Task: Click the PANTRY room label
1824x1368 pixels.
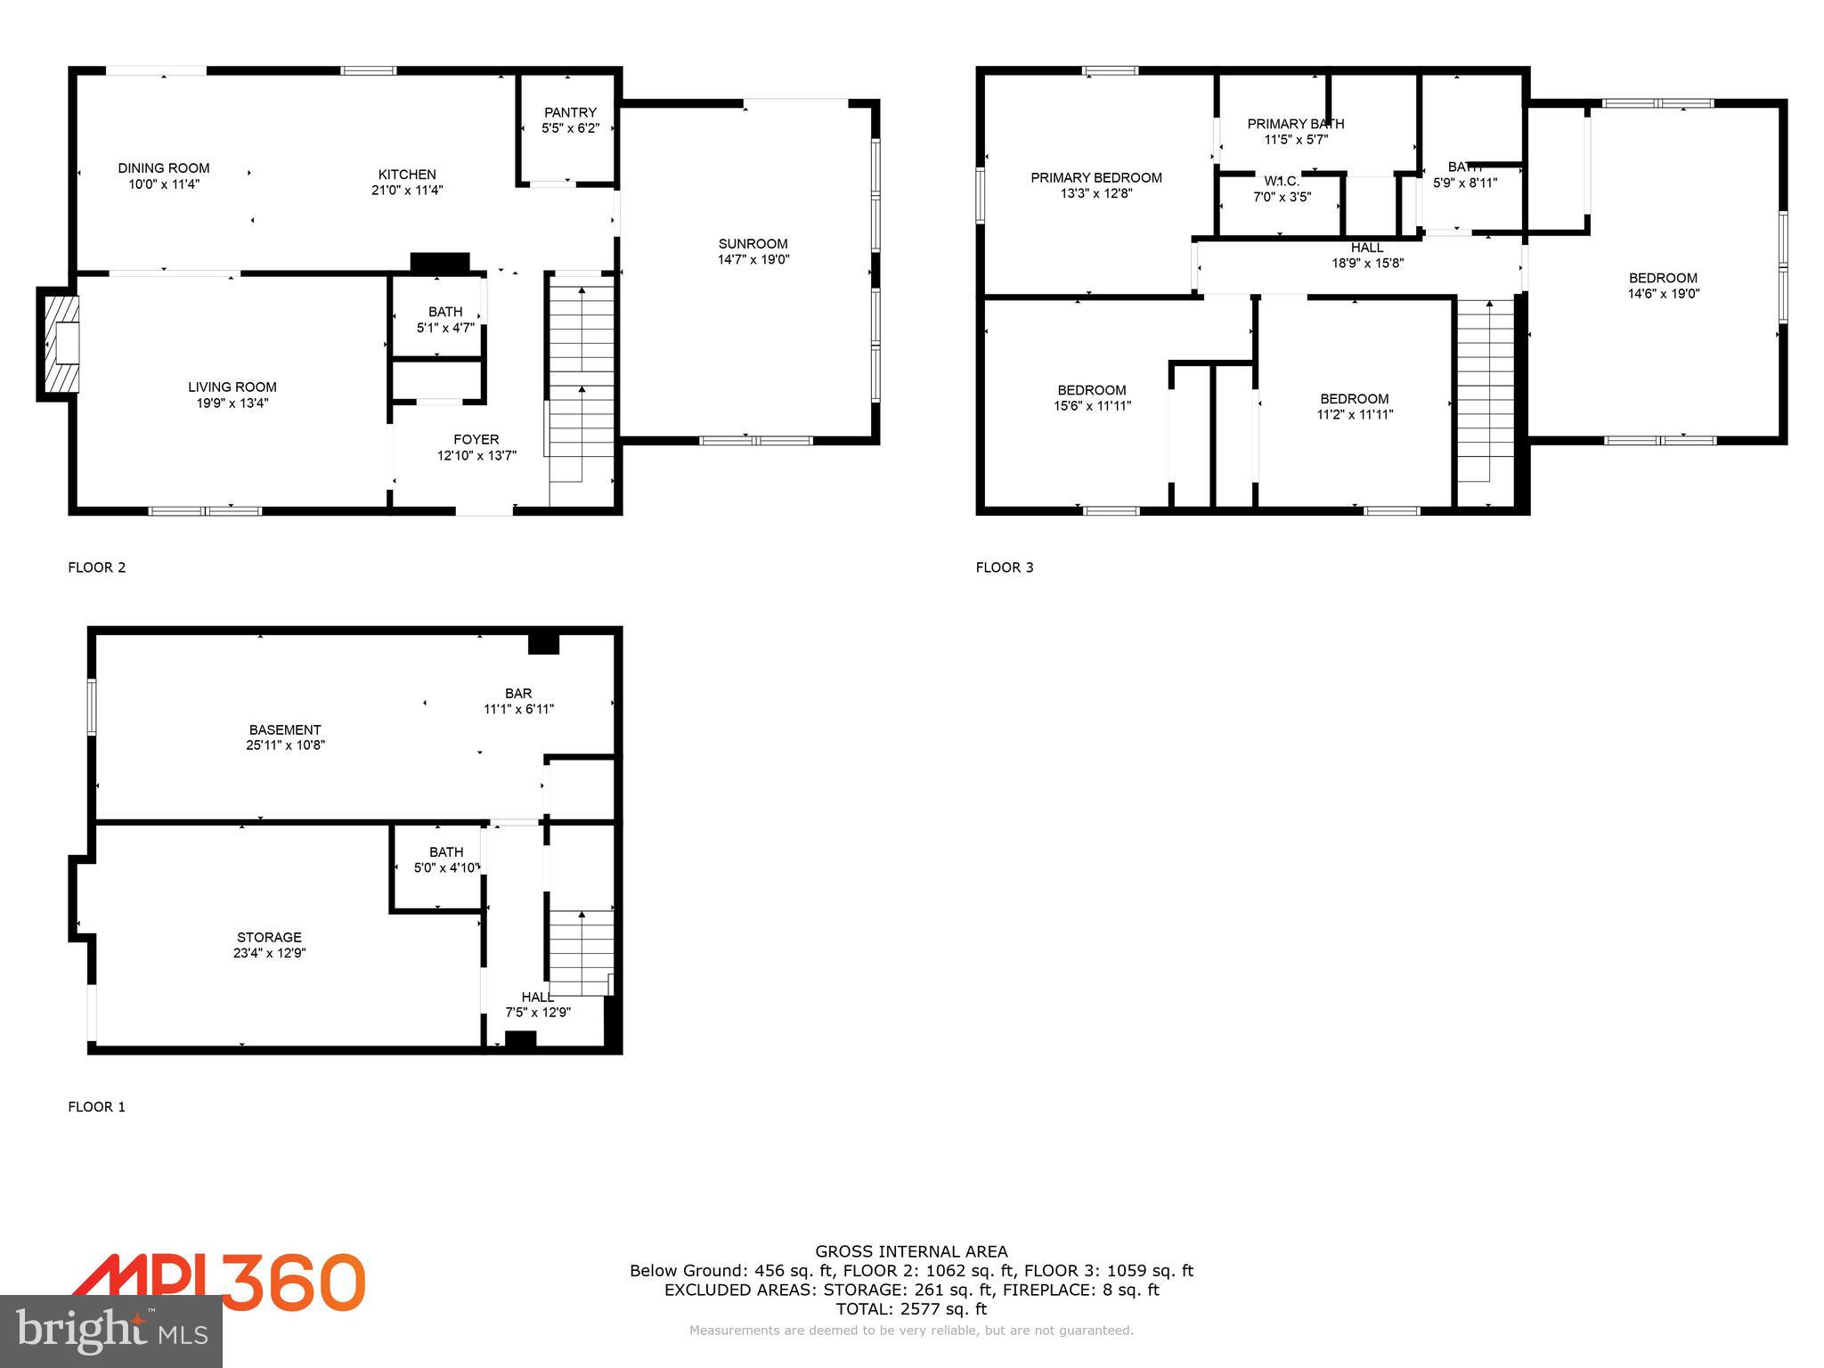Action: (x=570, y=112)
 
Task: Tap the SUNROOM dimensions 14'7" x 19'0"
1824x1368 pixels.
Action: (x=753, y=260)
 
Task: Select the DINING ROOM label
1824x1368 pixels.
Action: (x=164, y=168)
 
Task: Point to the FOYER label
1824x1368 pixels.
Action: (x=476, y=439)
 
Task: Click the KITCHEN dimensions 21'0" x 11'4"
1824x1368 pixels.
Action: (x=407, y=190)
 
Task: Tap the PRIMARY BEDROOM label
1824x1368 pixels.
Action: (x=1095, y=177)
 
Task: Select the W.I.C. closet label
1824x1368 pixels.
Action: (x=1282, y=181)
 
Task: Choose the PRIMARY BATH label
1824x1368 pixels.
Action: (x=1295, y=124)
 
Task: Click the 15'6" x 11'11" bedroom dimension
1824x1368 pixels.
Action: (x=1092, y=406)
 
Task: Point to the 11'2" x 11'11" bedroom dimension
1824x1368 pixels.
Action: (x=1355, y=414)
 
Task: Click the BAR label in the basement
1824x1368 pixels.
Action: (x=518, y=693)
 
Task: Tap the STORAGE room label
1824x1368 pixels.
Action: (x=269, y=937)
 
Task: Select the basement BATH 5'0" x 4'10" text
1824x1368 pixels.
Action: (x=446, y=867)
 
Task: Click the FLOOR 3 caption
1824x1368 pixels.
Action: (x=1004, y=567)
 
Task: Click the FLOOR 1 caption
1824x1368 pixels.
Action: (x=96, y=1107)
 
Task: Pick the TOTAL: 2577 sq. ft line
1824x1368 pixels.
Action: (x=911, y=1309)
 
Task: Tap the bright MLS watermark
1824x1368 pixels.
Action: (x=111, y=1332)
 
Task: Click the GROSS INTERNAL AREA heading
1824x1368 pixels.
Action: (x=911, y=1251)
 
